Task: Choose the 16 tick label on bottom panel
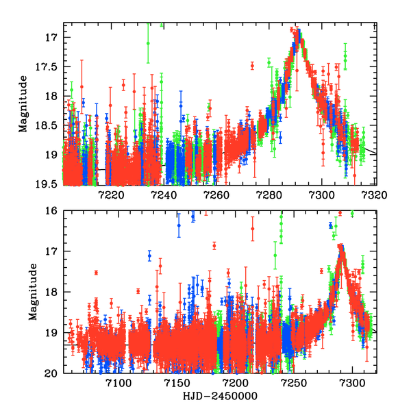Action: pyautogui.click(x=53, y=212)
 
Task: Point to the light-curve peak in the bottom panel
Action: pyautogui.click(x=340, y=247)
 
